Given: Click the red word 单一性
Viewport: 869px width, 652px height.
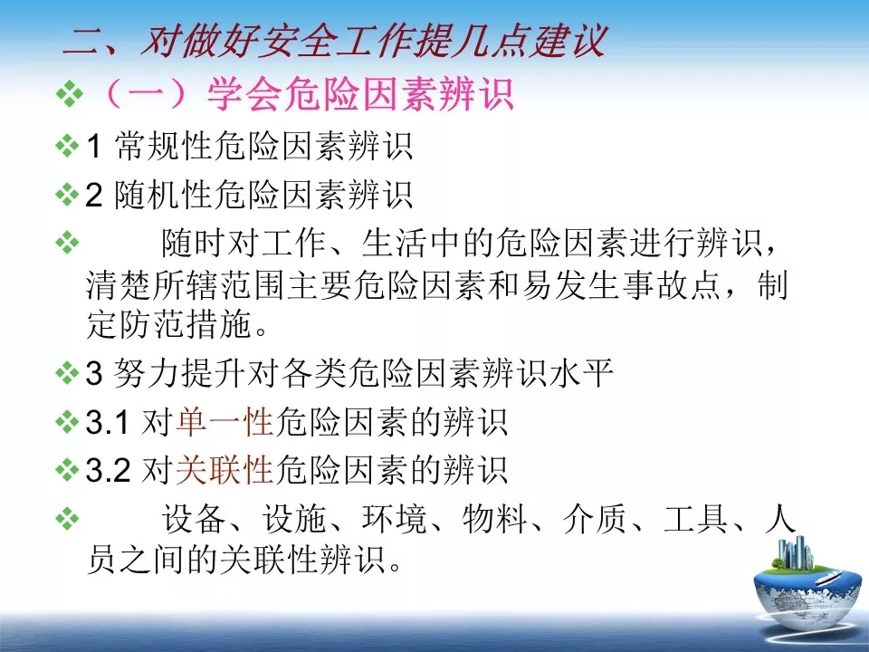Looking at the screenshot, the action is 225,422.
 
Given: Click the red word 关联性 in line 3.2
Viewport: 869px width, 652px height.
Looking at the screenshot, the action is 225,470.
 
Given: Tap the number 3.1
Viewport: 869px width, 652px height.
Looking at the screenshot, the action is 108,423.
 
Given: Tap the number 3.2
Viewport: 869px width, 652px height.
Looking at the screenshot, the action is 108,471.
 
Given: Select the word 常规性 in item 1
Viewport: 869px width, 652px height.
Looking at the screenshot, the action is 164,146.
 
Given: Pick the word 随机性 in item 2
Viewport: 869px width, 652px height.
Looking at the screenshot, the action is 164,195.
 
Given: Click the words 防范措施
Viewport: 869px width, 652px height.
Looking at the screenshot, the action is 169,324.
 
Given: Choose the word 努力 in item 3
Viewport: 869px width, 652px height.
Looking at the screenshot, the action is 147,372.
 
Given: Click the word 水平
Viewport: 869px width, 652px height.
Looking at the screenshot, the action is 581,372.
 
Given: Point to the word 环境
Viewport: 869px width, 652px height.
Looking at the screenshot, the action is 395,519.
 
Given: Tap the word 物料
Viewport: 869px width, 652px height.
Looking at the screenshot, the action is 495,519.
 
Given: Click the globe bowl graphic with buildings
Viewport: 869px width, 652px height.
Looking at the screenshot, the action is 807,587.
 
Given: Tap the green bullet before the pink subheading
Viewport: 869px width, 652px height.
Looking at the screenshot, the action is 70,94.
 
